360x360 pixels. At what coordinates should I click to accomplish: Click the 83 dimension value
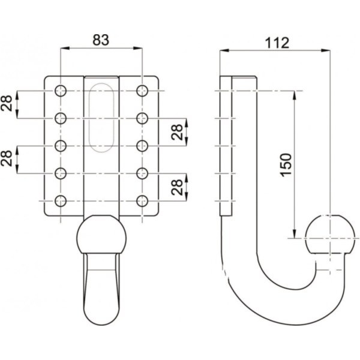[x=101, y=41]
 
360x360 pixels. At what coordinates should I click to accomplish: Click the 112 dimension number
[x=275, y=43]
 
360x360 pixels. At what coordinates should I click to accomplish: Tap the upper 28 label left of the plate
[x=7, y=104]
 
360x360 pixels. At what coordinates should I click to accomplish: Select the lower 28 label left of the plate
[x=7, y=159]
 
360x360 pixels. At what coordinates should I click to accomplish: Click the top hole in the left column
[x=61, y=91]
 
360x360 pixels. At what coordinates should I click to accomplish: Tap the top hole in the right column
[x=142, y=91]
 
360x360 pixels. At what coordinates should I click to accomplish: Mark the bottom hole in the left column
[x=61, y=200]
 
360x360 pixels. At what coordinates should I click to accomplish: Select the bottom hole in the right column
[x=142, y=200]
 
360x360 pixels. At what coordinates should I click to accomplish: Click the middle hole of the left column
[x=61, y=145]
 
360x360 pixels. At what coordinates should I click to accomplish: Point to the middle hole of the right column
[x=142, y=145]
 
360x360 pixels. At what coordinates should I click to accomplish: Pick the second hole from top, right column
[x=142, y=118]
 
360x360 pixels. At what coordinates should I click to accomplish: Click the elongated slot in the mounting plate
[x=101, y=118]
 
